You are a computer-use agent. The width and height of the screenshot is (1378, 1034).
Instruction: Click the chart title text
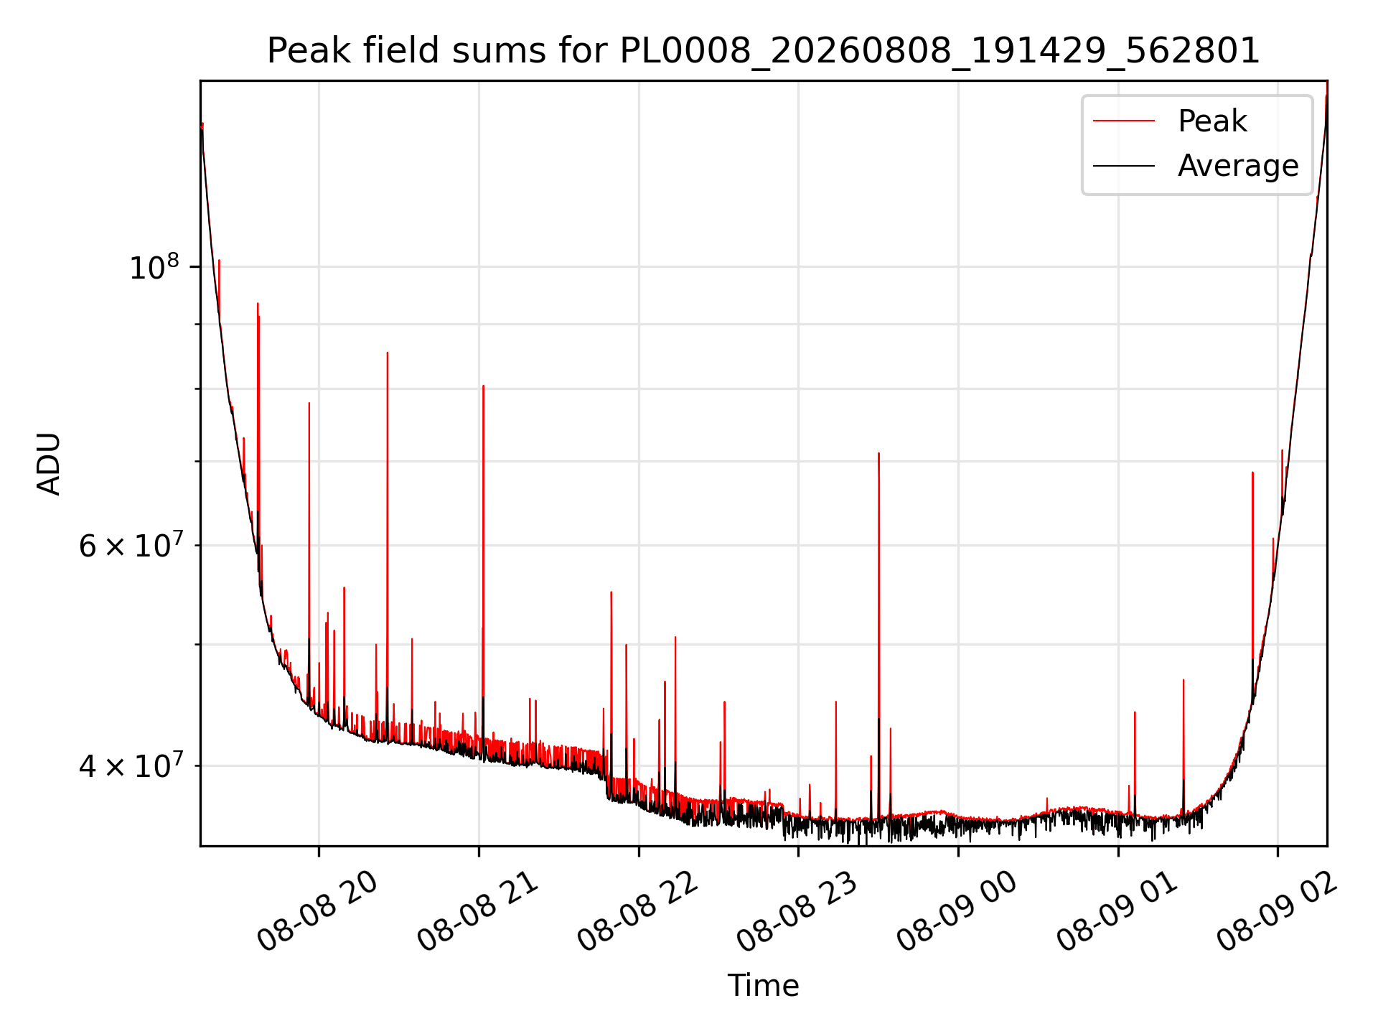point(764,51)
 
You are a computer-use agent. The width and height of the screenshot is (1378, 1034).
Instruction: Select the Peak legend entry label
point(1212,121)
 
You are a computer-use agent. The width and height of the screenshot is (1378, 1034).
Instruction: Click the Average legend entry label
point(1238,166)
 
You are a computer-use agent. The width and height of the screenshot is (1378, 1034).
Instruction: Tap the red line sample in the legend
point(1124,121)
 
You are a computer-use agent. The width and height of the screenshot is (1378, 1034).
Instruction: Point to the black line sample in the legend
point(1124,166)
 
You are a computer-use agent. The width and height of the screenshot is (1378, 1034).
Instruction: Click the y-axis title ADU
point(49,463)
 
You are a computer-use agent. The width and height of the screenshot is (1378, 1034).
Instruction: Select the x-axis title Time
point(764,986)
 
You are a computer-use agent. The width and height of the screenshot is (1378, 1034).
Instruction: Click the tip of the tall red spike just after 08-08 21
point(483,386)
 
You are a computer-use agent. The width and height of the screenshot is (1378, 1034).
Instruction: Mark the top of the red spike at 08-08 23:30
point(878,453)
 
